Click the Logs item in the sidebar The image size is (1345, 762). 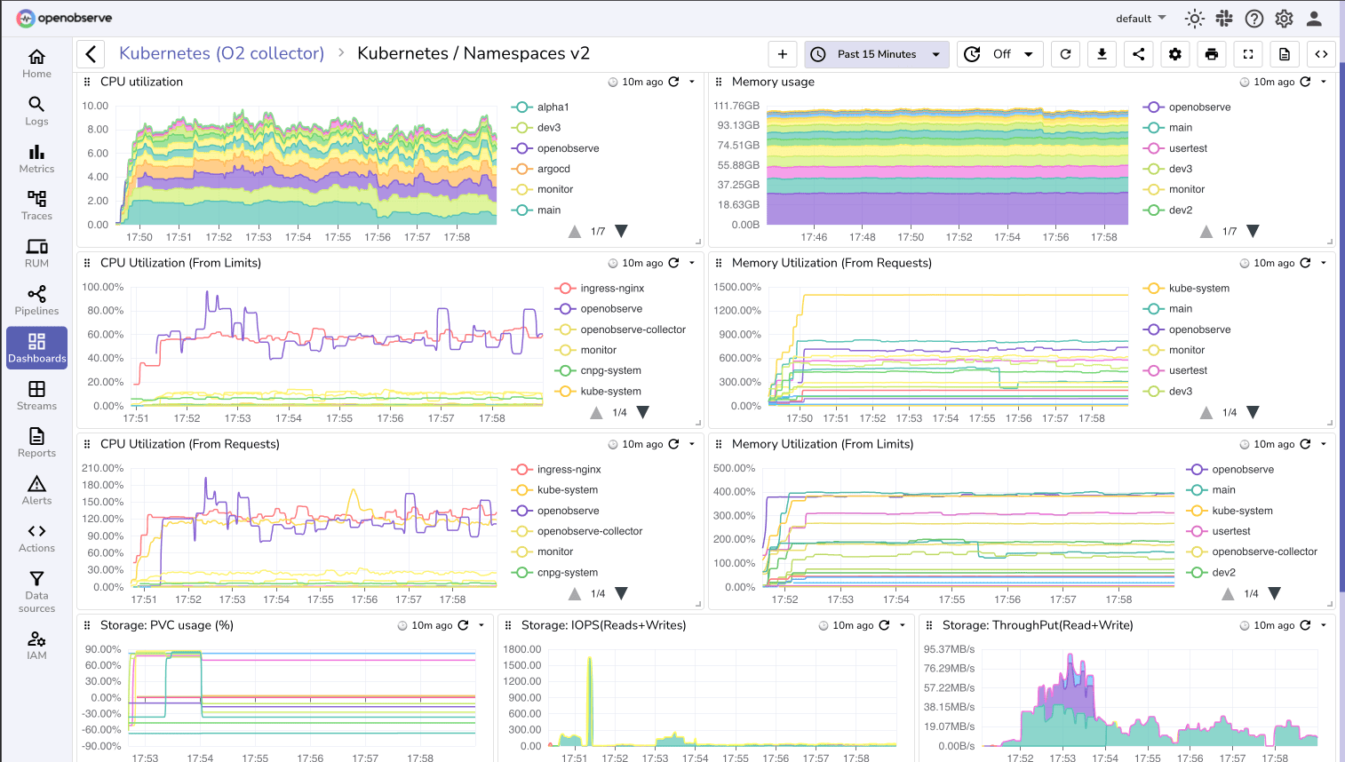pyautogui.click(x=36, y=111)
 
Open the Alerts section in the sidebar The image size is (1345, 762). pyautogui.click(x=36, y=489)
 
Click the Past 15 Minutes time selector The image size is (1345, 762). pyautogui.click(x=876, y=54)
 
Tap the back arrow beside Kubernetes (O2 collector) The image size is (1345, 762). pyautogui.click(x=92, y=54)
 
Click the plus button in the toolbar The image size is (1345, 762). pyautogui.click(x=782, y=54)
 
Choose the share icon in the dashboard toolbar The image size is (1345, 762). pyautogui.click(x=1138, y=54)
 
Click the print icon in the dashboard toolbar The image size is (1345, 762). pyautogui.click(x=1211, y=54)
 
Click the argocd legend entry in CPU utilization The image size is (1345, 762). pyautogui.click(x=553, y=169)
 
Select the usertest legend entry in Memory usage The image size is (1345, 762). pyautogui.click(x=1187, y=148)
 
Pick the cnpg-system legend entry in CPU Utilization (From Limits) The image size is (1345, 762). pyautogui.click(x=610, y=370)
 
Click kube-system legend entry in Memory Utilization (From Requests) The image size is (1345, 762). pyautogui.click(x=1198, y=288)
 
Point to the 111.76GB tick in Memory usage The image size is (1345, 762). pyautogui.click(x=736, y=106)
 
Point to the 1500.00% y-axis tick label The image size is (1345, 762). pyautogui.click(x=737, y=287)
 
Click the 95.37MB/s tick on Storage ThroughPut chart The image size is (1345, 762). pyautogui.click(x=949, y=649)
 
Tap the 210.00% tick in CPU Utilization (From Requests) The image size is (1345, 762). pyautogui.click(x=103, y=468)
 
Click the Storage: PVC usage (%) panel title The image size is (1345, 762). pyautogui.click(x=167, y=625)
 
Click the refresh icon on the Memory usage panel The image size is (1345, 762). pyautogui.click(x=1305, y=82)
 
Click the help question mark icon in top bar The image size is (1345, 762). pyautogui.click(x=1253, y=19)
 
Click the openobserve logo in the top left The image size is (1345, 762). pyautogui.click(x=65, y=18)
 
